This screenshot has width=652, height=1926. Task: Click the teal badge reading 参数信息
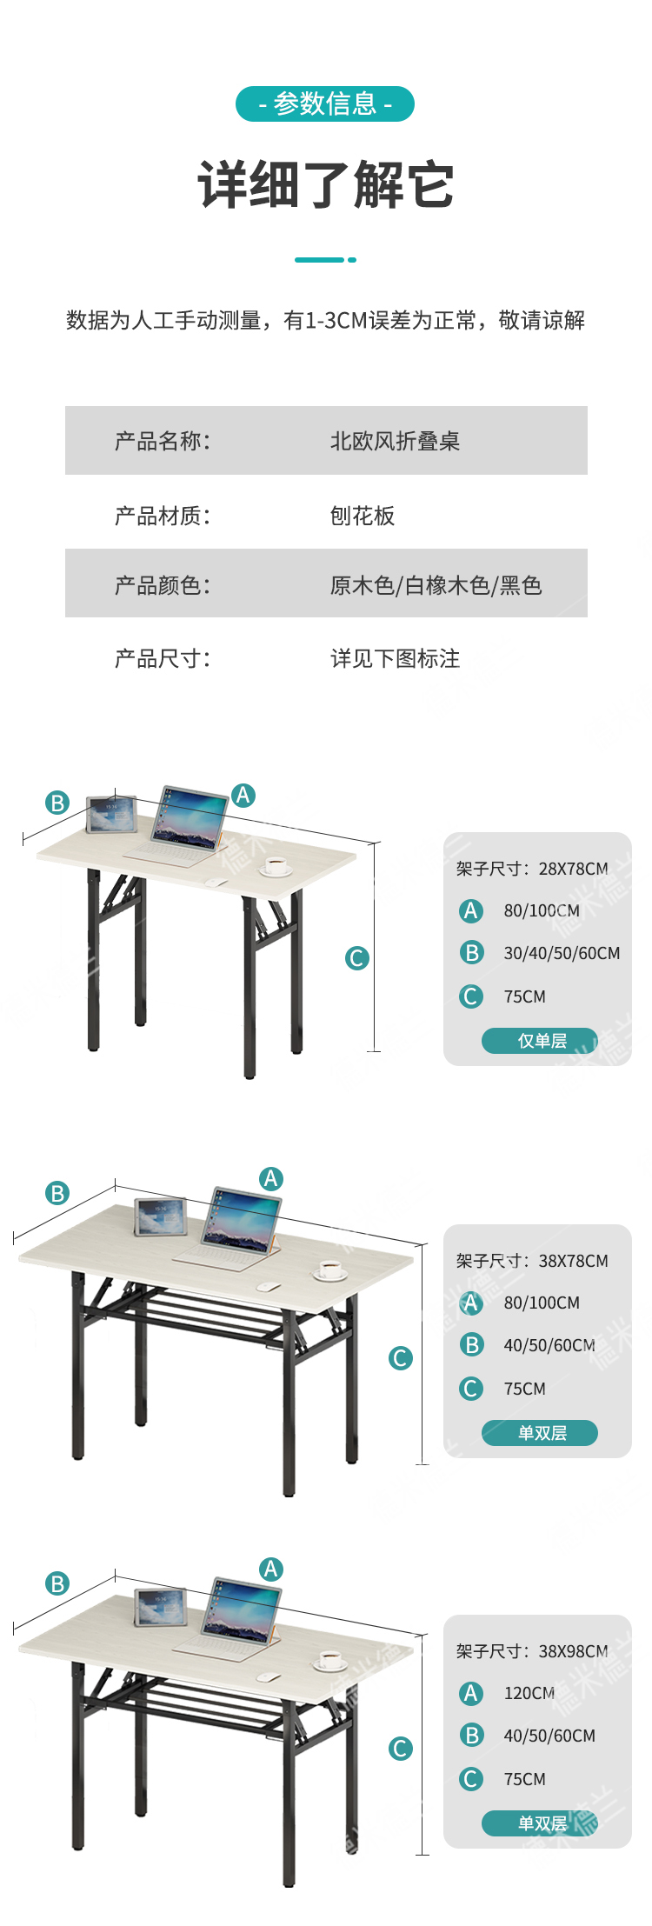(x=325, y=104)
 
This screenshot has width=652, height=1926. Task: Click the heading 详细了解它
(x=325, y=184)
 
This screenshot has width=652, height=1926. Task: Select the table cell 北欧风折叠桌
(x=395, y=441)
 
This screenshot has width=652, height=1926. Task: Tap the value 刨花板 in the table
(x=363, y=516)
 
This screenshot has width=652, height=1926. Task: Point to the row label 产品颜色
(x=163, y=585)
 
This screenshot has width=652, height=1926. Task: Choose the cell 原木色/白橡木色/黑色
(x=436, y=585)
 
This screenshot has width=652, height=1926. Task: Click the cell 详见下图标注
(x=395, y=658)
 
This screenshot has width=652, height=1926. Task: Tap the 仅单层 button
(x=540, y=1040)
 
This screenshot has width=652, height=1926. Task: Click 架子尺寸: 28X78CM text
(x=532, y=869)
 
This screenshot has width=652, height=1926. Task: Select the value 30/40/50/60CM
(x=562, y=953)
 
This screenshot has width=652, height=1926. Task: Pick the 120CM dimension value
(x=529, y=1693)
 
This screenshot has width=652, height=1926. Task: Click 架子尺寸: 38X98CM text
(x=532, y=1650)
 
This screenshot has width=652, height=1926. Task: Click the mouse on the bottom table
(x=268, y=1677)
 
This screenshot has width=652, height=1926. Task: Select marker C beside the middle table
(x=401, y=1358)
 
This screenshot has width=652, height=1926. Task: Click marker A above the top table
(x=243, y=795)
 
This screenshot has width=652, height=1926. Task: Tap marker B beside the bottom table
(x=57, y=1583)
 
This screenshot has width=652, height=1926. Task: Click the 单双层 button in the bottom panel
(x=540, y=1823)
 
